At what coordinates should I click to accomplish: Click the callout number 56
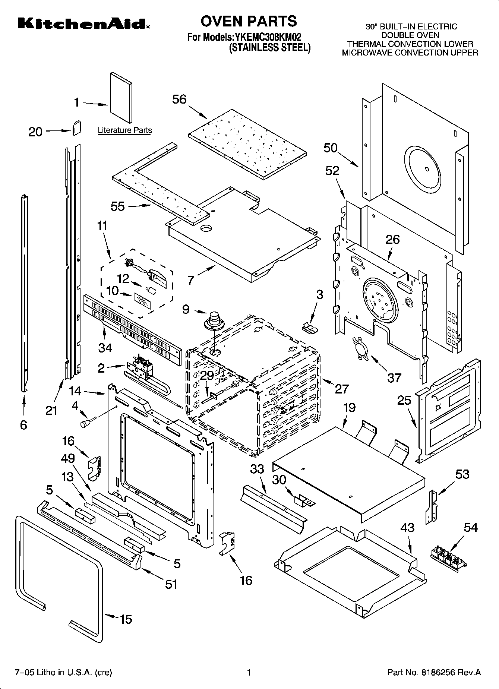[x=179, y=99]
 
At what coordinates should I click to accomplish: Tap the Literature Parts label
[x=125, y=130]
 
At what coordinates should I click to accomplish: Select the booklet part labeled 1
[x=120, y=98]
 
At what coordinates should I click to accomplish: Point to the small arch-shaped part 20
[x=77, y=128]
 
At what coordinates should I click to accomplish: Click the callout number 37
[x=394, y=377]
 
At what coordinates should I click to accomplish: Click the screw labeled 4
[x=86, y=423]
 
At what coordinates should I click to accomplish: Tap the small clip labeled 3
[x=309, y=327]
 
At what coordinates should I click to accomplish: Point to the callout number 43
[x=407, y=527]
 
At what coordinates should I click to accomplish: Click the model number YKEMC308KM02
[x=267, y=37]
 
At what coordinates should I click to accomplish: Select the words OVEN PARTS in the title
[x=249, y=21]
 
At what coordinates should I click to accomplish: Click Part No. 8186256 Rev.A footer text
[x=434, y=672]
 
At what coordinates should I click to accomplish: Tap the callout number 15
[x=126, y=619]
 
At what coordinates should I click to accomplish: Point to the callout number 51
[x=171, y=584]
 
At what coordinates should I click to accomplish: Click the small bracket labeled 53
[x=432, y=506]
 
